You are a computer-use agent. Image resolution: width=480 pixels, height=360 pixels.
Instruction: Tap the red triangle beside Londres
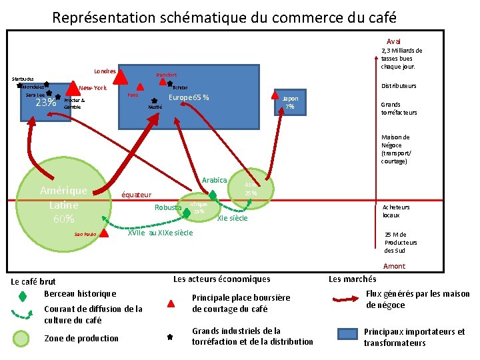pos(121,78)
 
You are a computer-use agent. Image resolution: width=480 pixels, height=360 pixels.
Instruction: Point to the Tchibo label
pos(180,87)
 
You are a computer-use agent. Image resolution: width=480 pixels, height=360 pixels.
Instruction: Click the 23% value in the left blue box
pos(45,103)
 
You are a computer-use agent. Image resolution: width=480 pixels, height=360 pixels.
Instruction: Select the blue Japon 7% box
pos(289,103)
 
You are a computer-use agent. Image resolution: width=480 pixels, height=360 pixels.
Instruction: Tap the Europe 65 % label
pos(189,98)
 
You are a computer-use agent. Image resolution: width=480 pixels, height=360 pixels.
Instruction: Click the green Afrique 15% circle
pos(198,209)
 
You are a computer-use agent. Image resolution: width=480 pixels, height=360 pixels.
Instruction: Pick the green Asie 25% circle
pos(251,189)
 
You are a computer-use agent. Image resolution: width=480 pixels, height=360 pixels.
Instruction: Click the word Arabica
pos(215,180)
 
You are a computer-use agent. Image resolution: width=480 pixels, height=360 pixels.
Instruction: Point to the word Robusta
pos(167,207)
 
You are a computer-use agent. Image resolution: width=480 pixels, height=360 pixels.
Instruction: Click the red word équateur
pos(135,195)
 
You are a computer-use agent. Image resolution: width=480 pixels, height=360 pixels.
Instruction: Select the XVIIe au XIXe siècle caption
pos(160,233)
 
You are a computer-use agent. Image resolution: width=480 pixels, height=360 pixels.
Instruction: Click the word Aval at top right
pos(394,41)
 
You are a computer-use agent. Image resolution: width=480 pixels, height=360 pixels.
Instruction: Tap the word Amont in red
pos(394,266)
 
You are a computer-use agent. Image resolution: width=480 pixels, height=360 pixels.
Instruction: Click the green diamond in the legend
pos(22,295)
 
